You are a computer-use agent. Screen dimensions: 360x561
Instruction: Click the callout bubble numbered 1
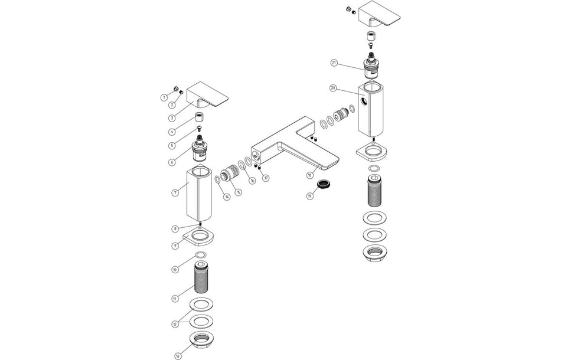point(164,97)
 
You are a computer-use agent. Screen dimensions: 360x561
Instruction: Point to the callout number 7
point(175,192)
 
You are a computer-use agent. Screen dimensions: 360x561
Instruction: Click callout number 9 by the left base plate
point(175,246)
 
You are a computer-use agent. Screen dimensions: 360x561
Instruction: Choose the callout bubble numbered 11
point(175,299)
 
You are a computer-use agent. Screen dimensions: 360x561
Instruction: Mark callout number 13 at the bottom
point(177,355)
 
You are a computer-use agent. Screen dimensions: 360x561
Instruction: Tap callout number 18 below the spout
point(309,175)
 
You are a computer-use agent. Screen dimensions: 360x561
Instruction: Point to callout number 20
point(333,88)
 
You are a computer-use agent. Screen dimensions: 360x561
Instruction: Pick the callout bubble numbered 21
point(334,63)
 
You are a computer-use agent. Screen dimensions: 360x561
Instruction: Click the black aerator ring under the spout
point(324,185)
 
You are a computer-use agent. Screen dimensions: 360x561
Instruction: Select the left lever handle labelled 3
point(209,97)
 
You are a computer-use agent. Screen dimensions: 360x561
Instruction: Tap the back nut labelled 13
point(203,340)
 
